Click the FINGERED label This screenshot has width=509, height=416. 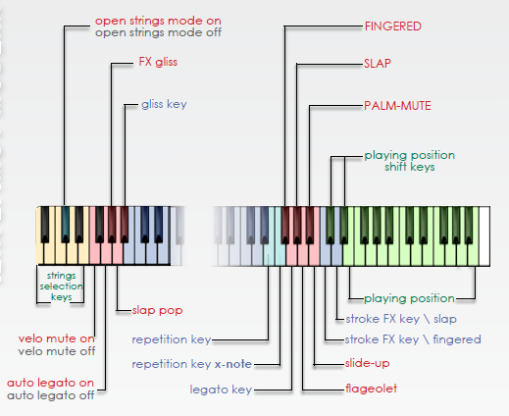393,26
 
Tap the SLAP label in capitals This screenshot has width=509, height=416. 378,64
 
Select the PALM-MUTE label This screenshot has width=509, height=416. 397,106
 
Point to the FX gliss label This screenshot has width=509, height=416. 158,62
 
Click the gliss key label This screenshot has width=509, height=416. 164,104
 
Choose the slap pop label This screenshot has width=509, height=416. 157,310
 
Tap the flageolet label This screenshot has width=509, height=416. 372,389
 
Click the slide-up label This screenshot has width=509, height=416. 367,363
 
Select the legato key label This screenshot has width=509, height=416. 221,390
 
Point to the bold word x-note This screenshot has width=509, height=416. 233,364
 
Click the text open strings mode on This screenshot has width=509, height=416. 158,21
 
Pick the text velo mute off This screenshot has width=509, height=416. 57,351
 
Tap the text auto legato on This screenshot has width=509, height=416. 50,383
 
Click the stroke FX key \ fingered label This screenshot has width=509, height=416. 413,339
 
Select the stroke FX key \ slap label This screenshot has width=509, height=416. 401,319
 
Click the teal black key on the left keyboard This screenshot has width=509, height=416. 66,225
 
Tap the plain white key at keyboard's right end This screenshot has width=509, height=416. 484,235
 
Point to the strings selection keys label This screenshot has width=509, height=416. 61,286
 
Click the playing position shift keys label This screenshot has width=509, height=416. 410,161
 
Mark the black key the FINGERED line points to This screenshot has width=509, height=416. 285,225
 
